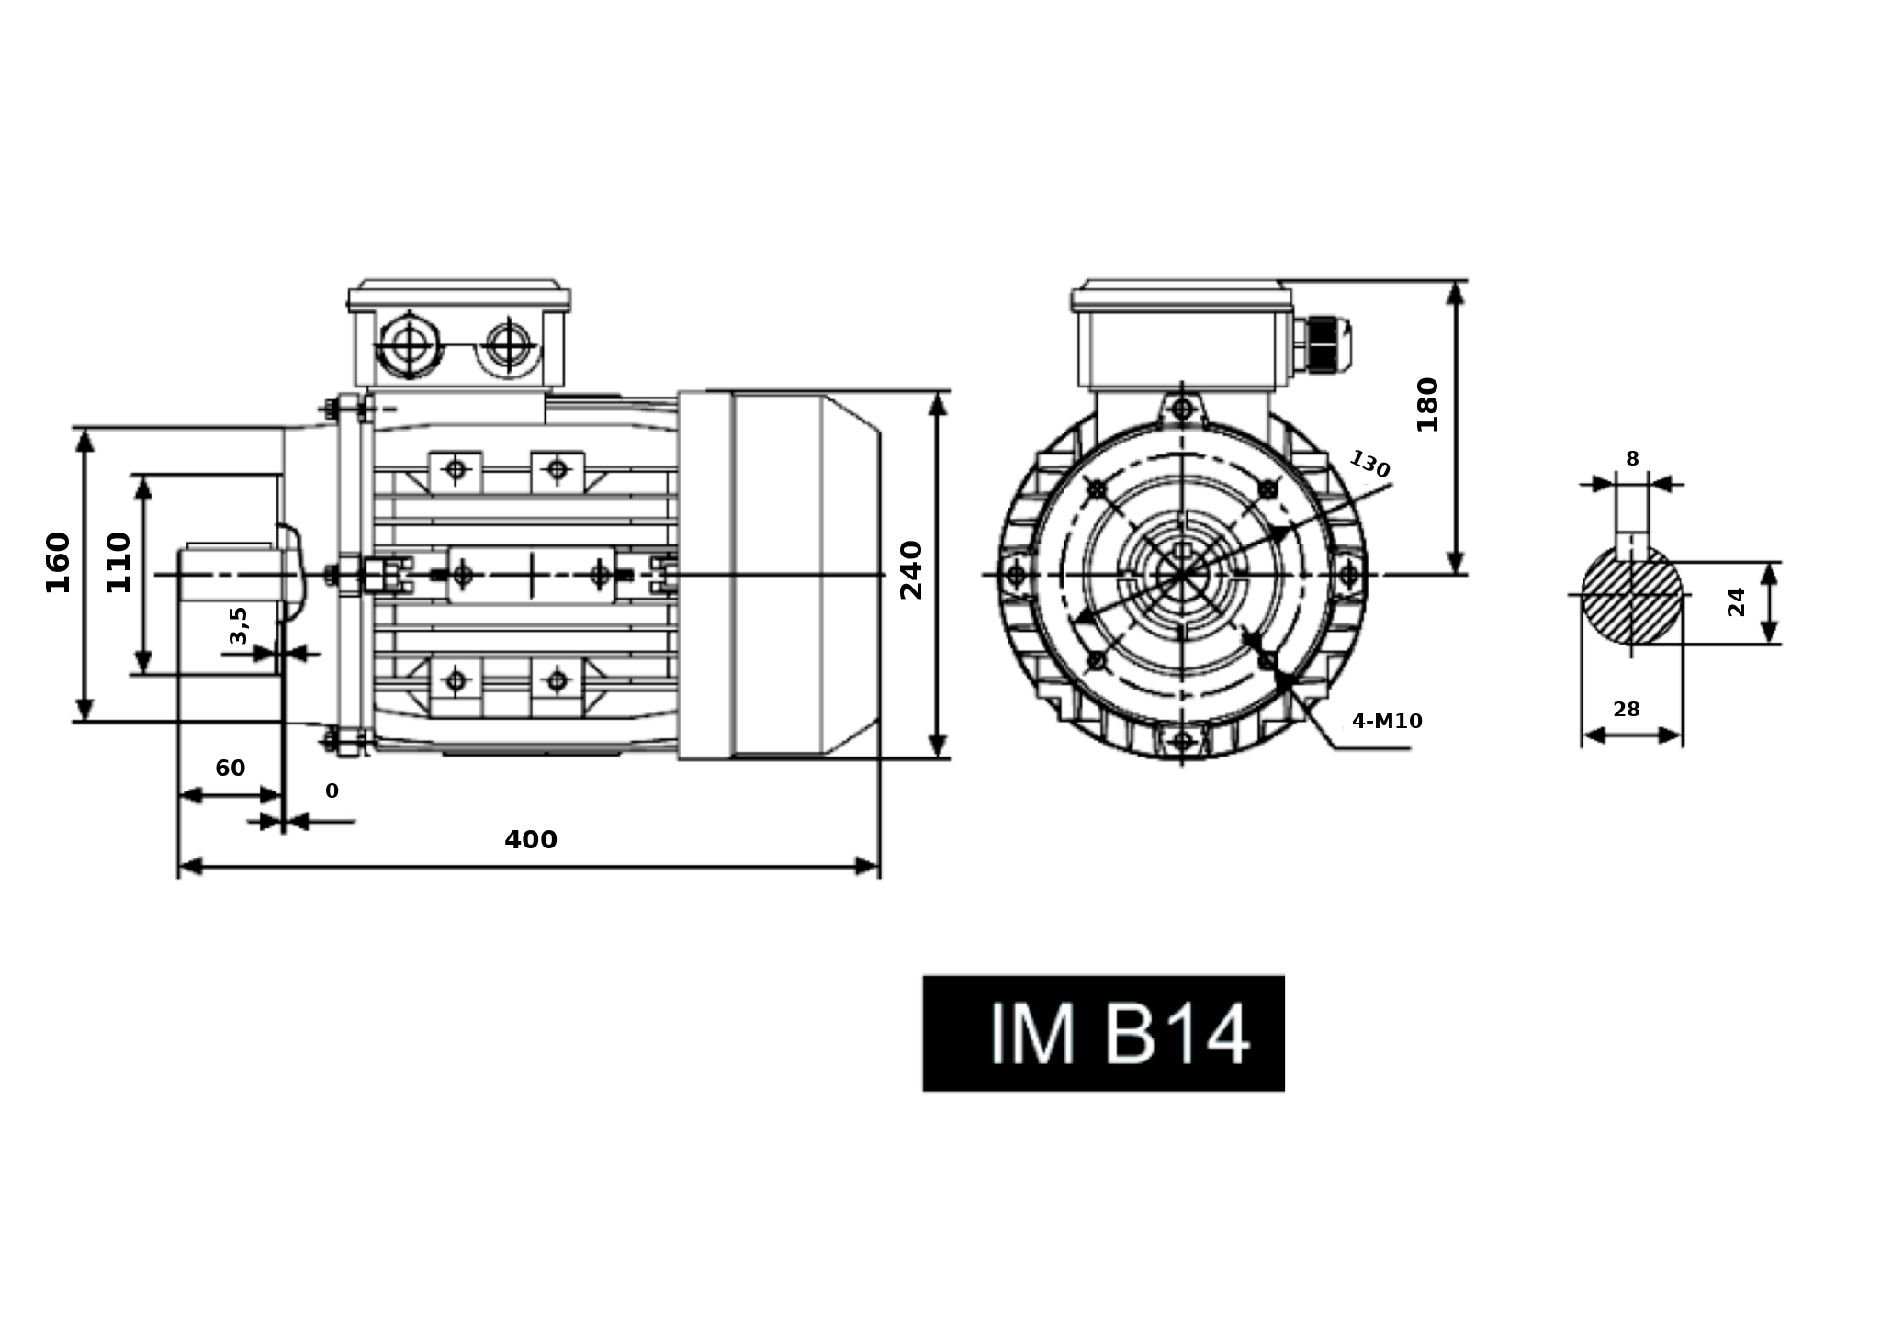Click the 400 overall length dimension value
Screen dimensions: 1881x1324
click(x=530, y=839)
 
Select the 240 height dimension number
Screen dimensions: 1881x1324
click(x=910, y=570)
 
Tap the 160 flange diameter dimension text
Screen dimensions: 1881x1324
click(x=58, y=562)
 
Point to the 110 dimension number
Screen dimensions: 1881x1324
click(x=119, y=562)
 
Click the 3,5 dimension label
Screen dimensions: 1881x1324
click(x=238, y=624)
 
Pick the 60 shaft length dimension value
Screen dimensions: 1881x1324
click(x=230, y=768)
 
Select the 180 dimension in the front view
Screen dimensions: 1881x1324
click(x=1427, y=404)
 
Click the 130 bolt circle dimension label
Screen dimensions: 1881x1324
click(x=1369, y=464)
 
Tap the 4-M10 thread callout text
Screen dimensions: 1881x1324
click(x=1387, y=722)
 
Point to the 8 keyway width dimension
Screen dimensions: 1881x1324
click(x=1632, y=459)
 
